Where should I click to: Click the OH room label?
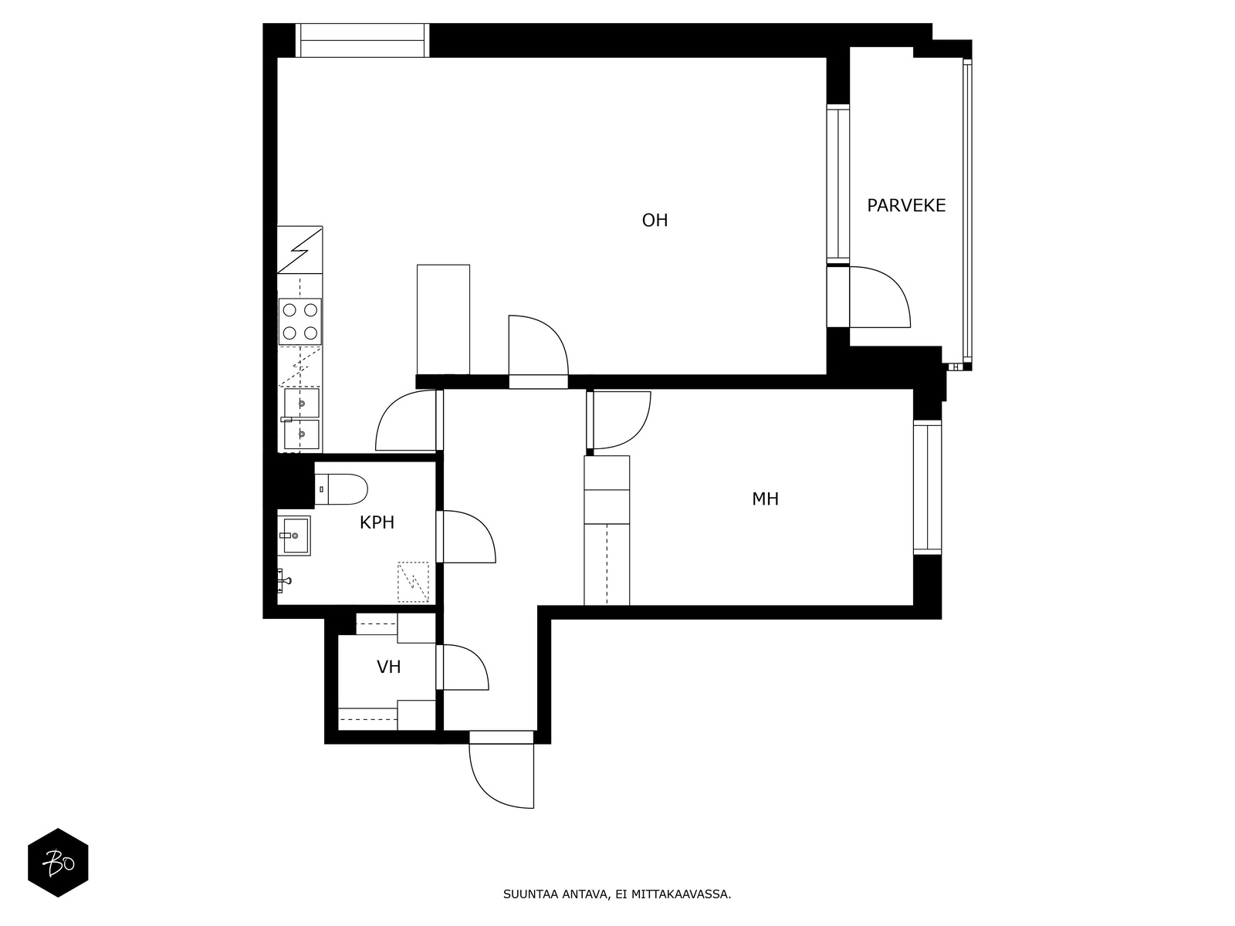tap(655, 220)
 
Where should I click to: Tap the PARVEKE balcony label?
tap(906, 206)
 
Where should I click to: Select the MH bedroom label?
tap(765, 498)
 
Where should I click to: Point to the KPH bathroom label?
tap(377, 522)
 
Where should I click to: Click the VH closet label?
tap(389, 667)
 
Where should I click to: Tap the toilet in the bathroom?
tap(341, 489)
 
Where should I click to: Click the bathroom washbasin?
tap(294, 536)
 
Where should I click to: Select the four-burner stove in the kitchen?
tap(300, 321)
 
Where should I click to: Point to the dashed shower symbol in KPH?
tap(413, 582)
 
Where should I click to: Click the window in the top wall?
tap(362, 40)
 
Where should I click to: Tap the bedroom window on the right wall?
tap(927, 488)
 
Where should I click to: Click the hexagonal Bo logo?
tap(58, 863)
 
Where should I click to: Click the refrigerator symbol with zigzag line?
tap(300, 250)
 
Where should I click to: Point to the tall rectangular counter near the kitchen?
tap(443, 319)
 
